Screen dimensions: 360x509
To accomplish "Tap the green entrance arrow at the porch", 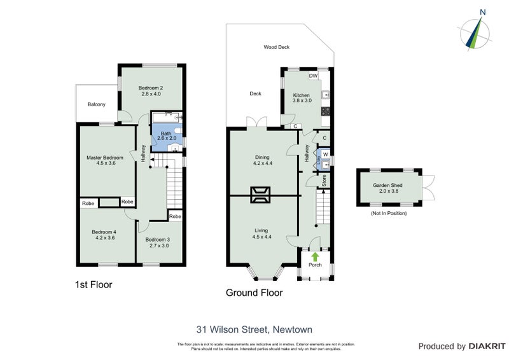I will (x=315, y=256).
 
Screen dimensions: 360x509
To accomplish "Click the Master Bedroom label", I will (x=105, y=157).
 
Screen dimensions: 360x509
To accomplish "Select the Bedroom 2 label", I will (x=152, y=88).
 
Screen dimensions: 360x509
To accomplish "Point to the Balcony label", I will (x=97, y=104).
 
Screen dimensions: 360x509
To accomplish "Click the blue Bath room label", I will (x=165, y=134).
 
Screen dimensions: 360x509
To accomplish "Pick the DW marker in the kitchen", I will (x=312, y=76).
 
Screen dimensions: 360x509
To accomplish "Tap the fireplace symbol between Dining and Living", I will (x=261, y=195).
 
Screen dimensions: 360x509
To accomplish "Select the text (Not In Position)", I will (x=388, y=213).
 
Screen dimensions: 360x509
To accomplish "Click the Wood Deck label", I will (x=277, y=47).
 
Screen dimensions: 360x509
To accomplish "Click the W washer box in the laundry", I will (x=325, y=154).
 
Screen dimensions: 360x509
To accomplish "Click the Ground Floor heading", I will (x=254, y=293).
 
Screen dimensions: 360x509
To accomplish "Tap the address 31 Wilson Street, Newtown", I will (x=254, y=329).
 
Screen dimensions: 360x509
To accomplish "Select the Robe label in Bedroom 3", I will (x=175, y=217).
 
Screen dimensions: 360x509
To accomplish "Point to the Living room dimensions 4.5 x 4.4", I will (x=261, y=237).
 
